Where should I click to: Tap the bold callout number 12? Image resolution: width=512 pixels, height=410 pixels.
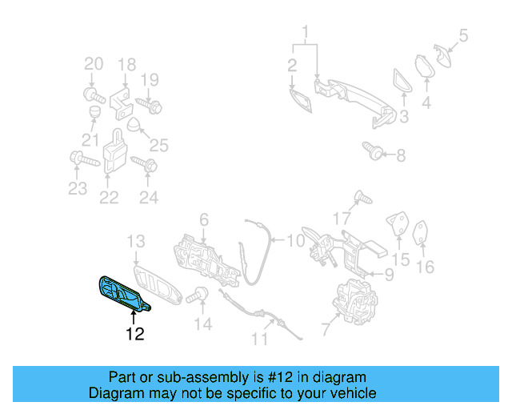coord(134,334)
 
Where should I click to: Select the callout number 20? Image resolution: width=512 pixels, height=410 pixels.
coord(94,64)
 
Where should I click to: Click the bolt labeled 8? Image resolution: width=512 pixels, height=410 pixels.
coord(374,150)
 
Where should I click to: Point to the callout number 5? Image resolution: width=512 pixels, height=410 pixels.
coord(462,35)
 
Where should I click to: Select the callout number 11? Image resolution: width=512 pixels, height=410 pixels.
coord(258,339)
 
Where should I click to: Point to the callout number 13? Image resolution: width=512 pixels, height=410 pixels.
coord(136,241)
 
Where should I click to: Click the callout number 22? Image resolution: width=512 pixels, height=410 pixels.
coord(109,197)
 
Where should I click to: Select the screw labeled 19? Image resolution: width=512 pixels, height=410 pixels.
coord(150,104)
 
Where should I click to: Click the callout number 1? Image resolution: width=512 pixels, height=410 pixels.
coord(305,34)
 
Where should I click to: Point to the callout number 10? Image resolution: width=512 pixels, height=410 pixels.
coord(295,239)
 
